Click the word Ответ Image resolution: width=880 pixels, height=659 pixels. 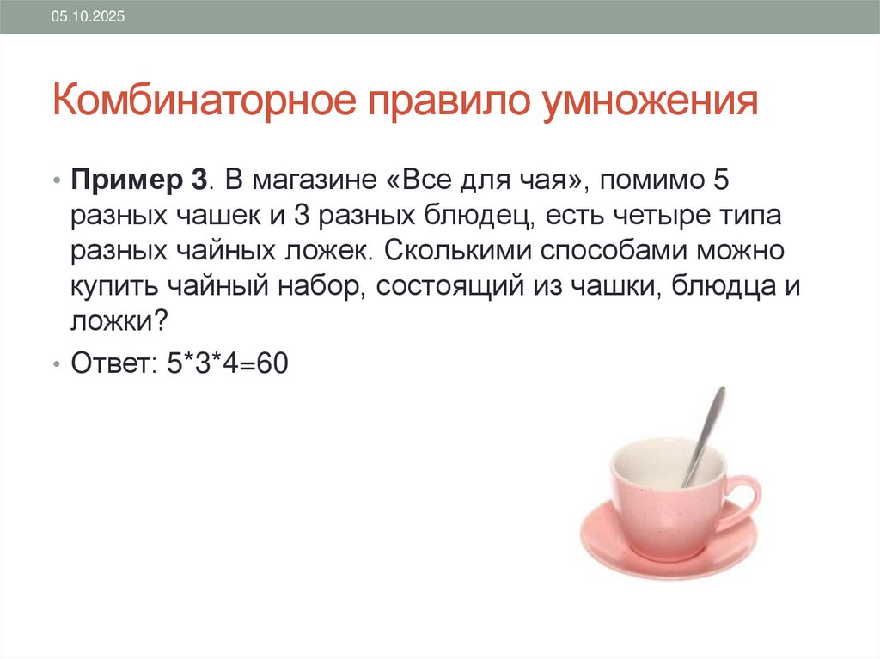pos(108,363)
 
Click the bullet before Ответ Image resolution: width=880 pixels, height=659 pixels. pos(56,364)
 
